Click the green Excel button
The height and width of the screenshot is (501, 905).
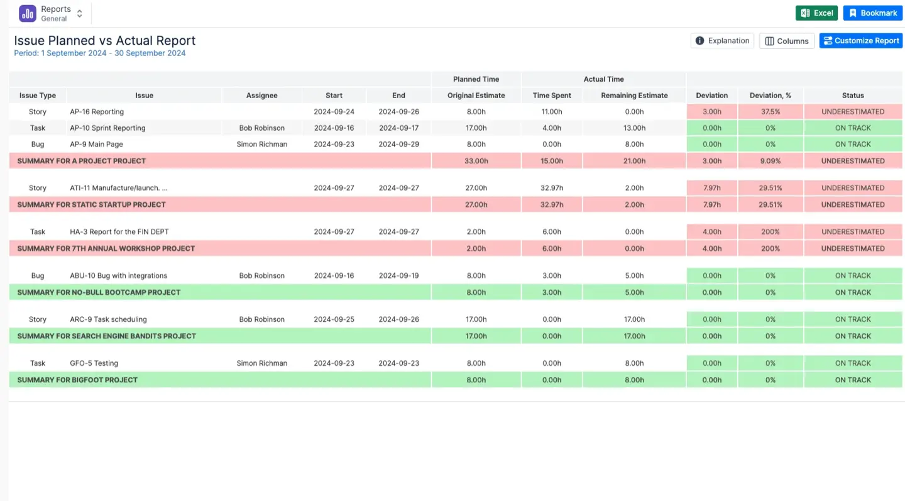[x=816, y=13]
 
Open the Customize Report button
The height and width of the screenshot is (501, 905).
[x=860, y=41]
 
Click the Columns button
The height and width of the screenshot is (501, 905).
[x=786, y=41]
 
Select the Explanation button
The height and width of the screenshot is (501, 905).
[x=722, y=41]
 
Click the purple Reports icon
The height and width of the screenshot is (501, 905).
[x=28, y=13]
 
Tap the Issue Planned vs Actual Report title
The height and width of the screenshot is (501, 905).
[x=105, y=41]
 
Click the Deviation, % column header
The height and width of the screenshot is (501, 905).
[x=770, y=96]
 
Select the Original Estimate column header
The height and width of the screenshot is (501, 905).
[x=476, y=96]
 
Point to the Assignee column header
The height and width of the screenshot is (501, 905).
[x=261, y=96]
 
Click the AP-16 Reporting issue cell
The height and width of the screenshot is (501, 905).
[x=97, y=112]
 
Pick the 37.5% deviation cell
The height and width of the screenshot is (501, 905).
[x=770, y=112]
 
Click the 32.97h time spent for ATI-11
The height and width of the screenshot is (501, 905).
[x=552, y=188]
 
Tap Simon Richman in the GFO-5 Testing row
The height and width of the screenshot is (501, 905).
[x=261, y=363]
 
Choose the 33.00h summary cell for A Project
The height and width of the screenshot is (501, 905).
[x=476, y=161]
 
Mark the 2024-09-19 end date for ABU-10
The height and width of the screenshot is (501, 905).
[x=398, y=276]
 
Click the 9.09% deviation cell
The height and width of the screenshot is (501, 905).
[x=770, y=161]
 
